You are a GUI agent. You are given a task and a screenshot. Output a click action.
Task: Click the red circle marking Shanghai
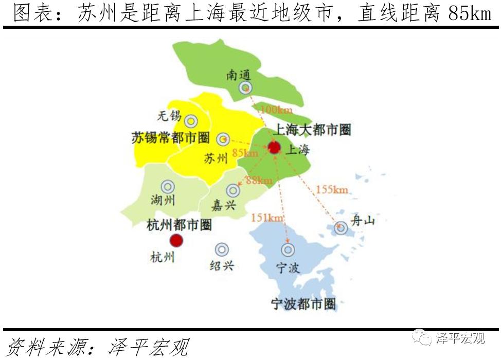pos(274,148)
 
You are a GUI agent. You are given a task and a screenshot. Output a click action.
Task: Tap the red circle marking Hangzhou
pos(176,240)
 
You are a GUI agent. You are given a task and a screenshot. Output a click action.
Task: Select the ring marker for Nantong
pos(245,88)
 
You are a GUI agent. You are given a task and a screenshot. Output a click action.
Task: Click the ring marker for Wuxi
pos(191,121)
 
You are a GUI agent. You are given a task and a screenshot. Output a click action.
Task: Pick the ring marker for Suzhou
pos(223,139)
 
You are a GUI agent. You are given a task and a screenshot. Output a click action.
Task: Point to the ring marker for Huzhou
pos(168,187)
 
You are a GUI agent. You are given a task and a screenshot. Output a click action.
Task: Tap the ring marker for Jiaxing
pos(233,190)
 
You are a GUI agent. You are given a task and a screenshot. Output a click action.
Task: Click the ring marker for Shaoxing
pos(222,249)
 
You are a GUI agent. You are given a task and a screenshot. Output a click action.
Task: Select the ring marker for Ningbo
pos(288,250)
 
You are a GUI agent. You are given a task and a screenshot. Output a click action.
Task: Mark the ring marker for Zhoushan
pos(341,227)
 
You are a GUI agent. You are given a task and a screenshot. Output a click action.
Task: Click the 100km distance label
pos(276,110)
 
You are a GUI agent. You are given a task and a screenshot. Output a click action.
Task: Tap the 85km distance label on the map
pos(245,153)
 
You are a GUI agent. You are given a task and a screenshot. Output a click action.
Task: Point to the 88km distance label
pos(259,181)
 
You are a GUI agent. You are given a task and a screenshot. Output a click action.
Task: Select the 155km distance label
pos(332,190)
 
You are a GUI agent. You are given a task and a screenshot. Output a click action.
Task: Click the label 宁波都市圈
pos(303,303)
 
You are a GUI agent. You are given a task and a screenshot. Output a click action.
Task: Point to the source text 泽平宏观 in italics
pos(149,348)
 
